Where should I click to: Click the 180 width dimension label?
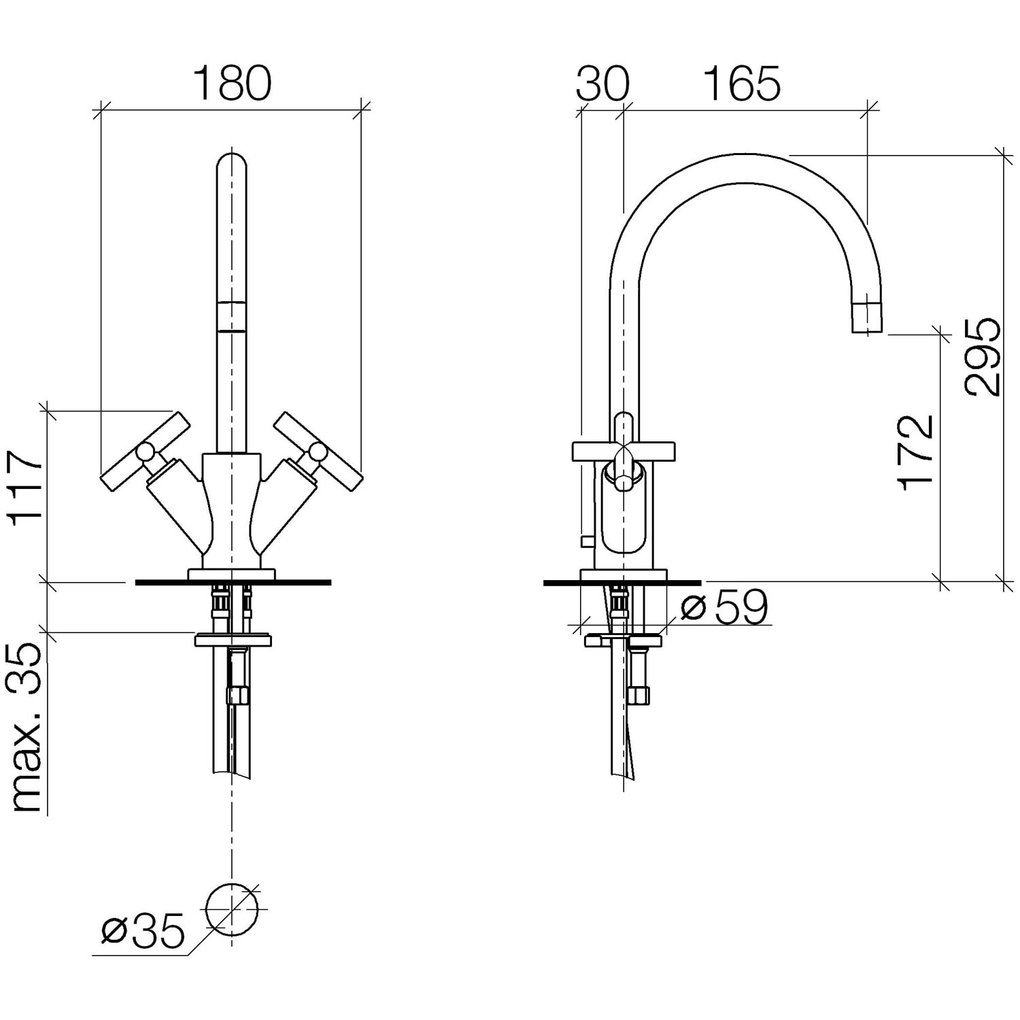tap(232, 84)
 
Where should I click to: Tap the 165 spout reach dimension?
tap(741, 84)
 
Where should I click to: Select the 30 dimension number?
tap(602, 84)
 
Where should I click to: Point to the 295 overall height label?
tap(983, 356)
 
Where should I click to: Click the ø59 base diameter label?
tap(724, 607)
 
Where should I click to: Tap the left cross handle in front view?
tap(145, 450)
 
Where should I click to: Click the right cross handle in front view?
tap(318, 450)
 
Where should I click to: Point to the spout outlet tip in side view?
tap(868, 318)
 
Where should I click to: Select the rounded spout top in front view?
tap(232, 163)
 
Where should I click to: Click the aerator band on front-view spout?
tap(232, 316)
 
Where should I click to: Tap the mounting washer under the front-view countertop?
tap(233, 640)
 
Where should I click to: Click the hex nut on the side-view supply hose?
tap(639, 695)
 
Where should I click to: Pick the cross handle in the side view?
tap(624, 452)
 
